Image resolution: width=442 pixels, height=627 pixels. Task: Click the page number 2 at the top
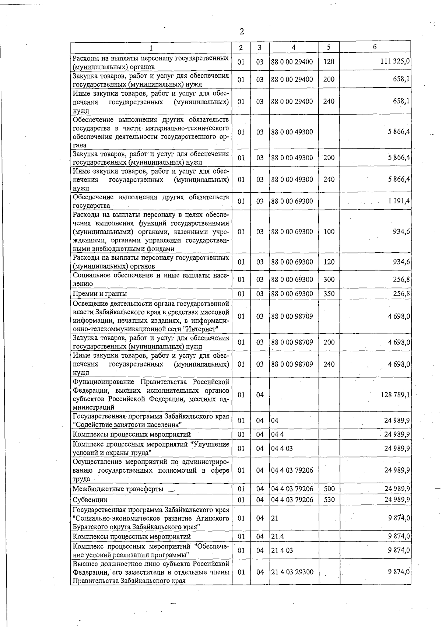[242, 32]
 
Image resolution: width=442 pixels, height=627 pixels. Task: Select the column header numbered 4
[294, 47]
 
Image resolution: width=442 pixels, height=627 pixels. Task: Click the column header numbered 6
[375, 47]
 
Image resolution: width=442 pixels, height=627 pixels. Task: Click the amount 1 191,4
[399, 201]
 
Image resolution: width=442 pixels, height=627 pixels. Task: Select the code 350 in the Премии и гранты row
[329, 294]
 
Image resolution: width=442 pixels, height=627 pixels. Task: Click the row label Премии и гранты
[100, 294]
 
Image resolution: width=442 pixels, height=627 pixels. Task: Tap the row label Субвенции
[90, 500]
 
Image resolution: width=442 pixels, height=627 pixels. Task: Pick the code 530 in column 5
[329, 500]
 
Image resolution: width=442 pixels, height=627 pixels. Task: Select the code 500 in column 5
[329, 489]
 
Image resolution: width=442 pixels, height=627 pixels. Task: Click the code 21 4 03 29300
[292, 572]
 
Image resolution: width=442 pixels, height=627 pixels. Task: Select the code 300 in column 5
[329, 279]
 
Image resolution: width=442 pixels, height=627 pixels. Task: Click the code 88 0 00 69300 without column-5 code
[292, 201]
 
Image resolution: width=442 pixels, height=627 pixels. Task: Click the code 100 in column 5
[329, 232]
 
